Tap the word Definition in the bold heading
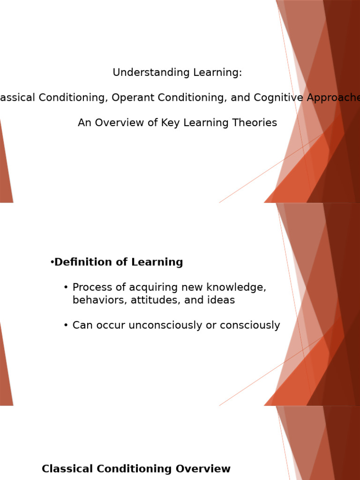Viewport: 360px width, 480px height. [x=82, y=262]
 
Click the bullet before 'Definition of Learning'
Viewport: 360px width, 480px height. [x=52, y=262]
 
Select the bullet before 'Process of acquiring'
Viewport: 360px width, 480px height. [x=66, y=287]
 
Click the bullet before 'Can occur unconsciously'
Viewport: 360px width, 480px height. [x=66, y=325]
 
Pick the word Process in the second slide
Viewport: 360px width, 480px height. [x=91, y=287]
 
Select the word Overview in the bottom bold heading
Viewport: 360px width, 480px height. [x=203, y=469]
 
